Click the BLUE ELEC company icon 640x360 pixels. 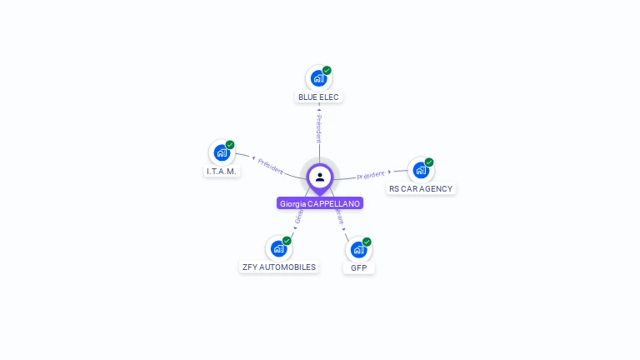[318, 78]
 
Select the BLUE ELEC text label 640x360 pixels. [319, 97]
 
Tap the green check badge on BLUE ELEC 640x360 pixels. [327, 71]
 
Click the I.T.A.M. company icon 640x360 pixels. [222, 152]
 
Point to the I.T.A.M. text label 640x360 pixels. [222, 171]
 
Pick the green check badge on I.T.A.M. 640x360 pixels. [230, 145]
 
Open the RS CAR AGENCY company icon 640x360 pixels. [421, 170]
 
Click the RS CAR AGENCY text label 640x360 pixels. [421, 188]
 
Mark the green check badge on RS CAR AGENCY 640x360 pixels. [429, 162]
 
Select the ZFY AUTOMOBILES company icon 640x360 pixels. [278, 248]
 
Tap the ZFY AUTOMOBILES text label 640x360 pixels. [278, 267]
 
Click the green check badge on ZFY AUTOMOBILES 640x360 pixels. [287, 241]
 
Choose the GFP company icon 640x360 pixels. [358, 249]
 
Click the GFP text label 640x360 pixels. [359, 267]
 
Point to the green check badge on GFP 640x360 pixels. [367, 242]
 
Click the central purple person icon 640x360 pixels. [320, 177]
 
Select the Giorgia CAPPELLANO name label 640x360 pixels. [320, 203]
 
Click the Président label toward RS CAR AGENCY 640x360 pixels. [371, 175]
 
